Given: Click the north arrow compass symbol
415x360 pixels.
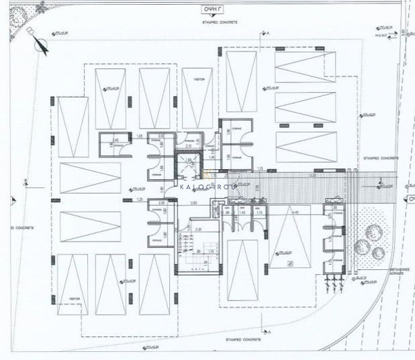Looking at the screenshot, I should (x=39, y=43).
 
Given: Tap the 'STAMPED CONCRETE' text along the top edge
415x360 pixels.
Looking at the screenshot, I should (x=218, y=22).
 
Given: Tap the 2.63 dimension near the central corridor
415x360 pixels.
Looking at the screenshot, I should (x=193, y=202).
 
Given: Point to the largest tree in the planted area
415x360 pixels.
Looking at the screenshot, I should (x=372, y=232).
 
